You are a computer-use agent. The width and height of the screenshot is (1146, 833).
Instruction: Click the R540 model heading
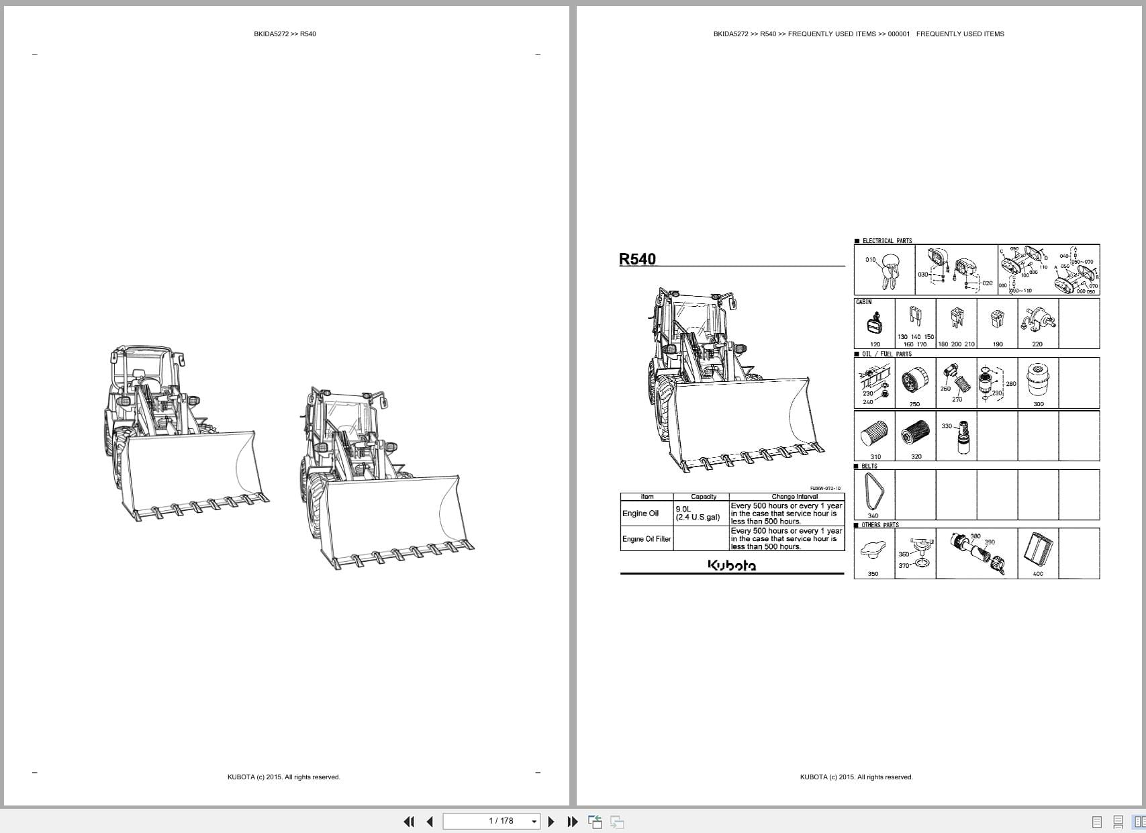point(637,259)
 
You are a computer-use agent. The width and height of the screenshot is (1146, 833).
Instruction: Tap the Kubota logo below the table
point(731,565)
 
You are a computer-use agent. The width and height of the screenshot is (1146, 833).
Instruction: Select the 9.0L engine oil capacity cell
point(698,513)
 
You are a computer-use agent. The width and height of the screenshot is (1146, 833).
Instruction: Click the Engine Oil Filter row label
point(646,539)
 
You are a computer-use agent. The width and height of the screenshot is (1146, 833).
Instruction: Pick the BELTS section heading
point(869,466)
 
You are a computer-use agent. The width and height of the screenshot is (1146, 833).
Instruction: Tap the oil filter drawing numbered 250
point(914,383)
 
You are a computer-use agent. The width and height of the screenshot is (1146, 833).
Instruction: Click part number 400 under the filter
point(1037,574)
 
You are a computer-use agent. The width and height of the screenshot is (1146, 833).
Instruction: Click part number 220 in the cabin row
point(1037,344)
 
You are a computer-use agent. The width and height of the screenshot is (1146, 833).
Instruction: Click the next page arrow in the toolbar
point(551,822)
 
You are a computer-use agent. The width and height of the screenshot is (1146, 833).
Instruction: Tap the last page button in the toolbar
point(573,822)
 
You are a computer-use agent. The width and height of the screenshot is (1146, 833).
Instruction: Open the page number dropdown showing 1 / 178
point(534,822)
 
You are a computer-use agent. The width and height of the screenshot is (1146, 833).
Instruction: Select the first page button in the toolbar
point(408,822)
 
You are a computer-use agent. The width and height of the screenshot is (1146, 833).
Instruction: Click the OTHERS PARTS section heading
point(879,525)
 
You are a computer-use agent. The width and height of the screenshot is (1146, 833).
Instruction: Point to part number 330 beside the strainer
point(947,426)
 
